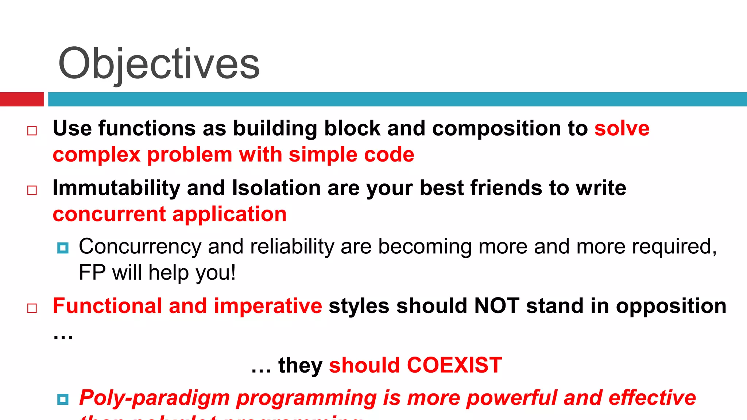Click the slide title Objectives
(x=159, y=65)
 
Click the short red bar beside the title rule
(x=22, y=99)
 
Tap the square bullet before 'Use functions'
(x=32, y=131)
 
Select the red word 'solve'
(x=622, y=129)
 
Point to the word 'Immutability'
(x=116, y=188)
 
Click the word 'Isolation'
(x=276, y=188)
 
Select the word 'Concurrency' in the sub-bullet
(x=140, y=247)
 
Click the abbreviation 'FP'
(x=92, y=273)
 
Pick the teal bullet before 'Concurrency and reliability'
(x=63, y=248)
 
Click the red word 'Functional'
(x=107, y=306)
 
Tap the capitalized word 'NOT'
(x=496, y=306)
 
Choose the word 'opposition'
(x=671, y=307)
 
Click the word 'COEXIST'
(x=454, y=365)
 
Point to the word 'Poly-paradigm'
(x=155, y=398)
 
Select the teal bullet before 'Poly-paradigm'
(x=63, y=399)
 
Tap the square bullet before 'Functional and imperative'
(x=32, y=308)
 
